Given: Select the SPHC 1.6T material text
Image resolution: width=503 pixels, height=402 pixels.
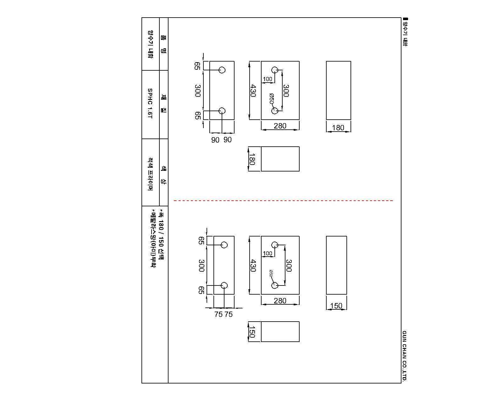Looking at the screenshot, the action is click(150, 103).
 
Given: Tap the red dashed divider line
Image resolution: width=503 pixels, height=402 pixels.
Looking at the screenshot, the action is click(283, 200).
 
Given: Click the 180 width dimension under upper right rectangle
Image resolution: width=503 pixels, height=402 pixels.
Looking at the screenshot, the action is click(338, 128).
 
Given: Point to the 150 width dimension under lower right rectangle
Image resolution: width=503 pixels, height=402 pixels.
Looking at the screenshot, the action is click(336, 306).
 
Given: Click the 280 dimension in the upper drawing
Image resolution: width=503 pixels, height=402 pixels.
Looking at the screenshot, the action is click(280, 126).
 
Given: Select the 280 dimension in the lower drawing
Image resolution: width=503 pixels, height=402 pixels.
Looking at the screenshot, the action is click(280, 301).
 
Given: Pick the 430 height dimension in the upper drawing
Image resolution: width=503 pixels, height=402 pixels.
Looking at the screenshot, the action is click(253, 91).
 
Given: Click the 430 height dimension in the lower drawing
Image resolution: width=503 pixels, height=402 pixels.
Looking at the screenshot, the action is click(253, 266).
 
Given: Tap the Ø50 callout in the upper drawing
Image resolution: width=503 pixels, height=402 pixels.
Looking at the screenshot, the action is click(271, 98).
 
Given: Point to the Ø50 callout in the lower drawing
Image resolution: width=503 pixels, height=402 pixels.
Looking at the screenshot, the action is click(271, 274).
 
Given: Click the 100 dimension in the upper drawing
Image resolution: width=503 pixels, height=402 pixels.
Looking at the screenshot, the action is click(268, 79).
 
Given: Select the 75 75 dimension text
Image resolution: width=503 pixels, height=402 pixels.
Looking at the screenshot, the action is click(224, 314).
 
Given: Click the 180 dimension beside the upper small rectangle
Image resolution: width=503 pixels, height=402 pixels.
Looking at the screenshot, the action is click(252, 159).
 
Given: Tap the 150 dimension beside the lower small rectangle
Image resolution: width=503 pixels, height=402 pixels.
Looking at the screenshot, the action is click(252, 332).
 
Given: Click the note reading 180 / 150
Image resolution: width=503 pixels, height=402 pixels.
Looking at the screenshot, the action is click(161, 233).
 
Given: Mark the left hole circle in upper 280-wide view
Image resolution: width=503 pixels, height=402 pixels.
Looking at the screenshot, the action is click(275, 70).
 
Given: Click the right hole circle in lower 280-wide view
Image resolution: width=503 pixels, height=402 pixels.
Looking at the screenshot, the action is click(275, 285).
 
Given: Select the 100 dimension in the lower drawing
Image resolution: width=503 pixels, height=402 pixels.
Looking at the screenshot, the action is click(268, 253).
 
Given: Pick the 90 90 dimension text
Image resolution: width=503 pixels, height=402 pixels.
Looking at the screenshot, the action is click(221, 140).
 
